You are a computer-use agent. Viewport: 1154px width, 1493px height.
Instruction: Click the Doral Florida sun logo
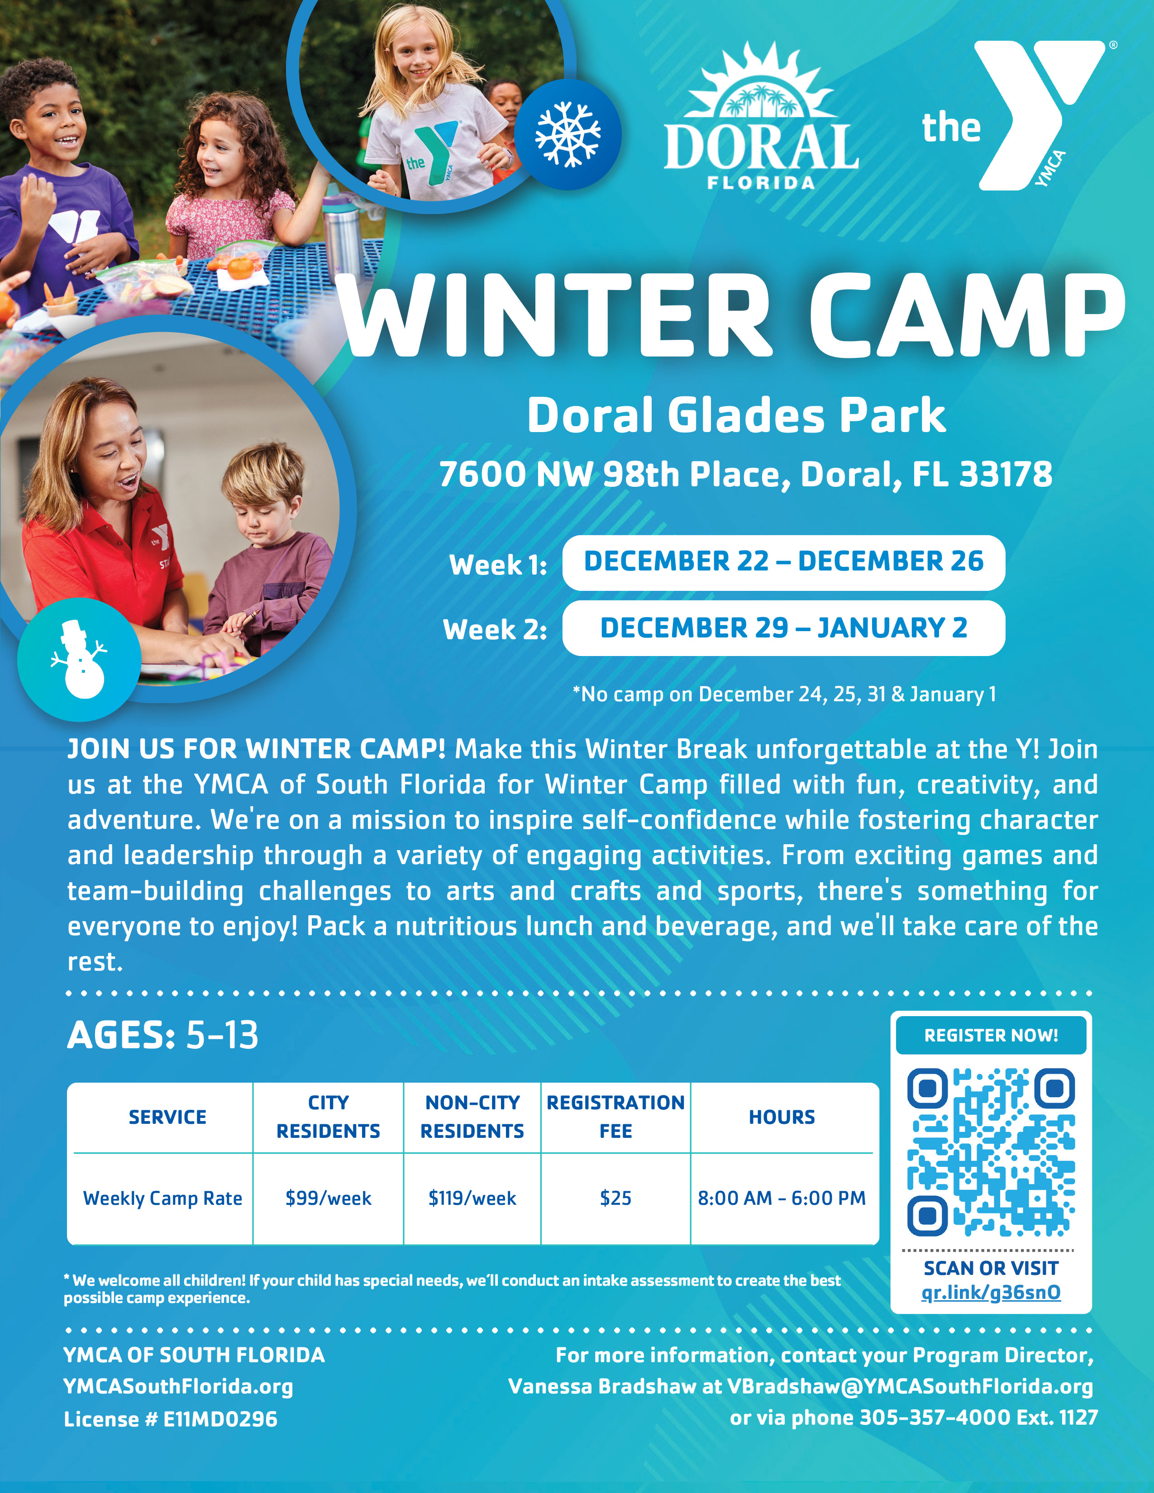pyautogui.click(x=761, y=116)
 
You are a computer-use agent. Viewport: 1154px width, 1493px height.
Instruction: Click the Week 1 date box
pyautogui.click(x=783, y=562)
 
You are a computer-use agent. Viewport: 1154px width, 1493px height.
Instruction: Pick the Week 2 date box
pyautogui.click(x=783, y=628)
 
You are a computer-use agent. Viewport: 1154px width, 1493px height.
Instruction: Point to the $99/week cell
pyautogui.click(x=328, y=1198)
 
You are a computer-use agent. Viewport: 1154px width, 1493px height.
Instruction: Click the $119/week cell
pyautogui.click(x=472, y=1198)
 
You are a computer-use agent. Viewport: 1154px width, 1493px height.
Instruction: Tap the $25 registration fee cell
pyautogui.click(x=615, y=1198)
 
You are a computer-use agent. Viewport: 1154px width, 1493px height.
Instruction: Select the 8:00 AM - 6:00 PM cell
pyautogui.click(x=782, y=1198)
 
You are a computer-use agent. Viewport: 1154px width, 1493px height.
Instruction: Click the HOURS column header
pyautogui.click(x=782, y=1117)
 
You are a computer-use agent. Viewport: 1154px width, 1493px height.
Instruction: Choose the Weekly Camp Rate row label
pyautogui.click(x=163, y=1198)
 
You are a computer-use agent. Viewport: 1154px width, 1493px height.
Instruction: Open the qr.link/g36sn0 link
pyautogui.click(x=991, y=1292)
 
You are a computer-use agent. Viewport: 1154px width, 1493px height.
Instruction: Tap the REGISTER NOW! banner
pyautogui.click(x=991, y=1035)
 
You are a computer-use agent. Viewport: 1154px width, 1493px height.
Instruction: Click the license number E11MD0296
pyautogui.click(x=219, y=1419)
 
